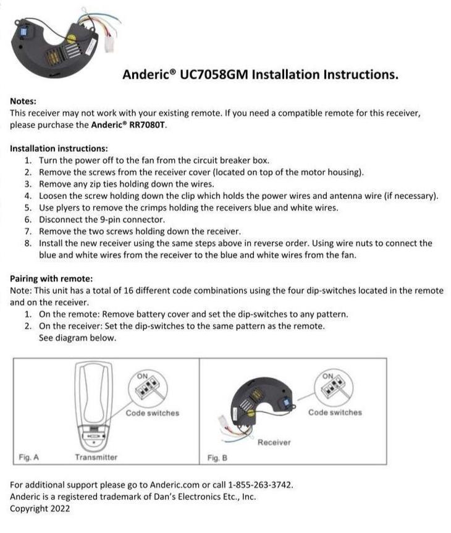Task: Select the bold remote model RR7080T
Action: coord(145,124)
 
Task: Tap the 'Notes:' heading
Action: coord(23,100)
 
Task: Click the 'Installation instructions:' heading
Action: coord(59,148)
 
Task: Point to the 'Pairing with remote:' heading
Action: coord(51,279)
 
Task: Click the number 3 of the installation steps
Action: coord(28,184)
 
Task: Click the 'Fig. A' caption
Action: coord(28,457)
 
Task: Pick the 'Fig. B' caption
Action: coord(217,458)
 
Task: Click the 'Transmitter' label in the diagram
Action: coord(96,457)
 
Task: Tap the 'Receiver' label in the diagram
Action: coord(274,442)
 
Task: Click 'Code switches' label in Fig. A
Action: coord(152,413)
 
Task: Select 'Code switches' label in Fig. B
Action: coord(335,412)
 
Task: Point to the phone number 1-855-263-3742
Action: coord(261,485)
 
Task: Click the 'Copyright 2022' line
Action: coord(40,508)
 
